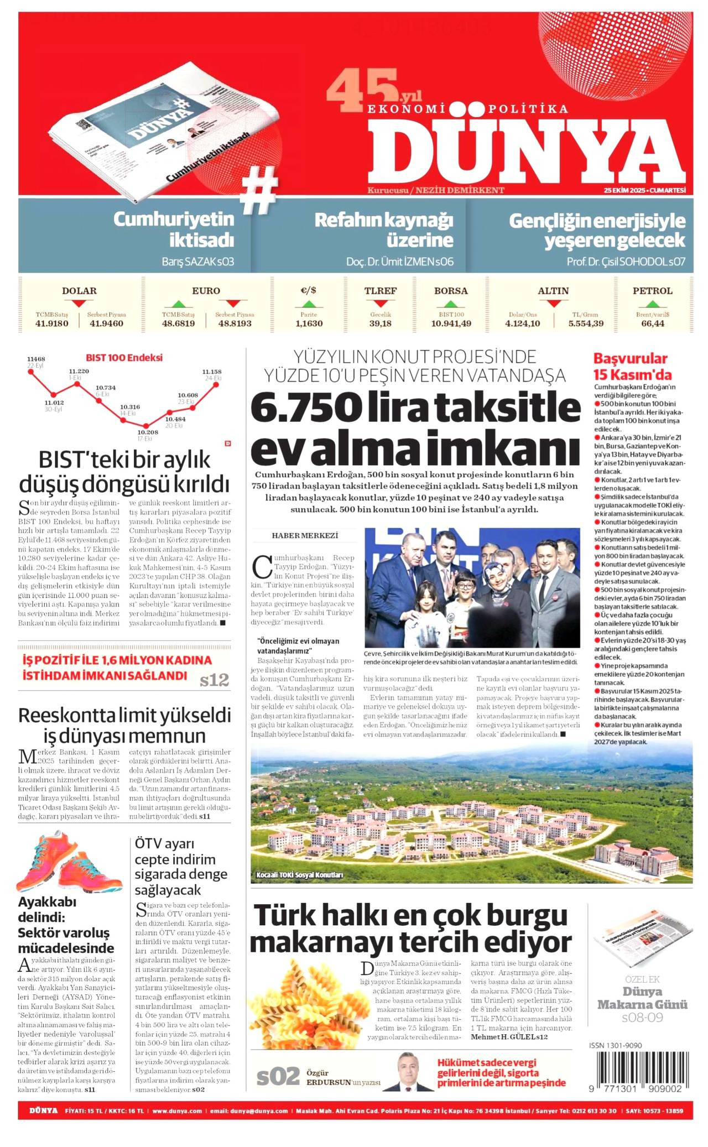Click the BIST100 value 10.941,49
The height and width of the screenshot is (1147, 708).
451,324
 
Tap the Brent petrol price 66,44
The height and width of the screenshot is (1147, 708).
653,324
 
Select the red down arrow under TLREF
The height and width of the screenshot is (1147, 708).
380,304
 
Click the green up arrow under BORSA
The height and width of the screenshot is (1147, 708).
451,304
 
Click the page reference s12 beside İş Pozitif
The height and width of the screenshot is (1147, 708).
214,680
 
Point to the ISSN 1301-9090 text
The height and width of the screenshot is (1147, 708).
616,1045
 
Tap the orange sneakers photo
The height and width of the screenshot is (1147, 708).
69,862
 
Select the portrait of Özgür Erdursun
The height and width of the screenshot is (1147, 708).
414,1071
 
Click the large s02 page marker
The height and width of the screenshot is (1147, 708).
278,1076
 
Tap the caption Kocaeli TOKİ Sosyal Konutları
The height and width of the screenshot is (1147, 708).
299,875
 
